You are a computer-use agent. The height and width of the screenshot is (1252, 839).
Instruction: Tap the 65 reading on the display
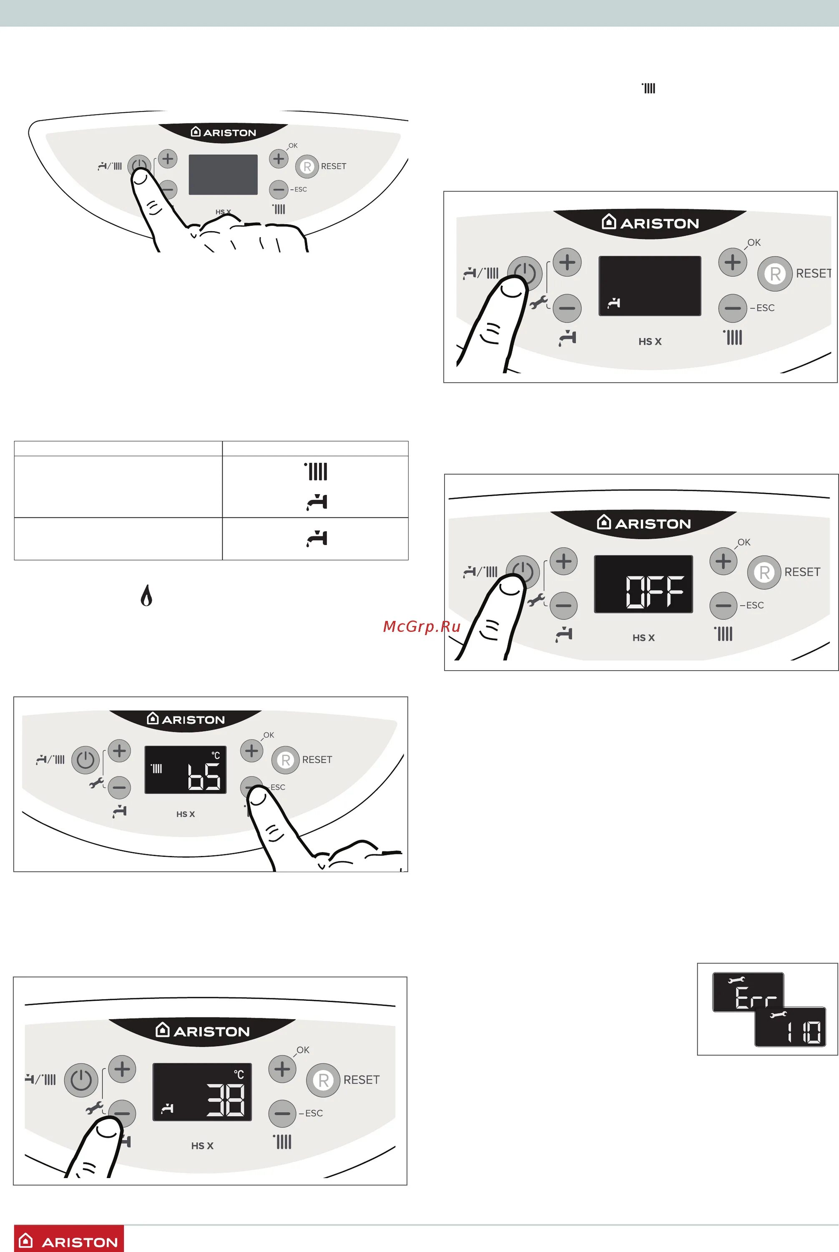(x=204, y=777)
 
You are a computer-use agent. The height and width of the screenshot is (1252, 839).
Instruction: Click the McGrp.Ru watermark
(x=422, y=626)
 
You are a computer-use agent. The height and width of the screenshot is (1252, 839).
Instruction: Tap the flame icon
(x=146, y=595)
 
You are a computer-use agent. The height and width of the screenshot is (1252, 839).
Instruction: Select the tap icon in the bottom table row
(x=317, y=538)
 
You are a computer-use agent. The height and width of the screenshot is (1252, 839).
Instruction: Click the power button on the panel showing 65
(x=85, y=760)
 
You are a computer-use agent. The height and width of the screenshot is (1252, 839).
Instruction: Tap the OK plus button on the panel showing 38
(x=282, y=1069)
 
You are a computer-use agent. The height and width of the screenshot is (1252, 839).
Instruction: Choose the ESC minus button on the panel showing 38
(x=282, y=1113)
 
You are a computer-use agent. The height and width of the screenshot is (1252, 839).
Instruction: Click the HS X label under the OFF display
(x=643, y=638)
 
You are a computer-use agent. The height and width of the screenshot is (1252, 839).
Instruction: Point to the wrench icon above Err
(x=736, y=979)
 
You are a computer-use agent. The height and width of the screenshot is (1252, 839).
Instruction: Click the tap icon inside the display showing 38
(x=168, y=1108)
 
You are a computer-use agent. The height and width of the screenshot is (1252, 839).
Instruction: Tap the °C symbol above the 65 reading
(x=216, y=755)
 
